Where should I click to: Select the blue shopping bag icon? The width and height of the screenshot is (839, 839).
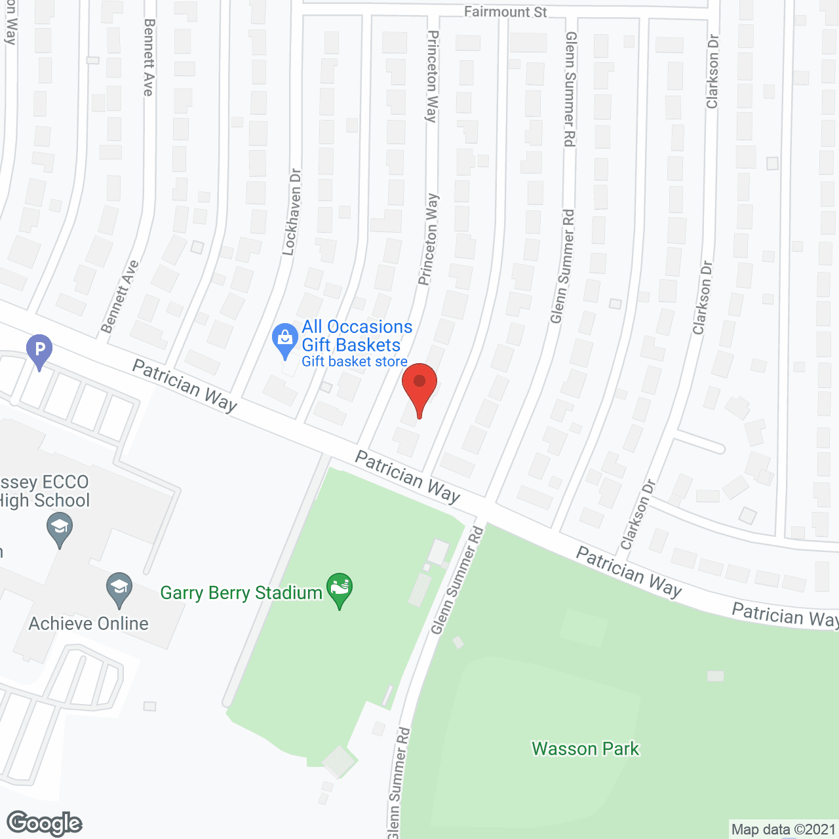[x=284, y=340]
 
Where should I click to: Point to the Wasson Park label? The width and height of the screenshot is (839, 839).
[x=585, y=749]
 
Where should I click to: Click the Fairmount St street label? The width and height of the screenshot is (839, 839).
[x=505, y=12]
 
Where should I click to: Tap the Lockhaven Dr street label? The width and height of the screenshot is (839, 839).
[x=292, y=212]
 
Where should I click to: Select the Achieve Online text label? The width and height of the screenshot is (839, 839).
[x=88, y=623]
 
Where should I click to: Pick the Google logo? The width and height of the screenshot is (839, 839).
[x=45, y=823]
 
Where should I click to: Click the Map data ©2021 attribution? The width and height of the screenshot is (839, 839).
[x=783, y=830]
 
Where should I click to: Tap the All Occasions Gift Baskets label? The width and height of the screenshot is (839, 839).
[x=357, y=336]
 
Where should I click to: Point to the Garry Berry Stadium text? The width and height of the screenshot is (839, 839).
[x=241, y=593]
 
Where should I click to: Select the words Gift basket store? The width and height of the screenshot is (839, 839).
[x=355, y=362]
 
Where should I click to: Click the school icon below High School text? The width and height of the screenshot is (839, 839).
[x=60, y=528]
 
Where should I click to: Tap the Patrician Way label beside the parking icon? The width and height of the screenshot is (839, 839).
[x=184, y=385]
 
